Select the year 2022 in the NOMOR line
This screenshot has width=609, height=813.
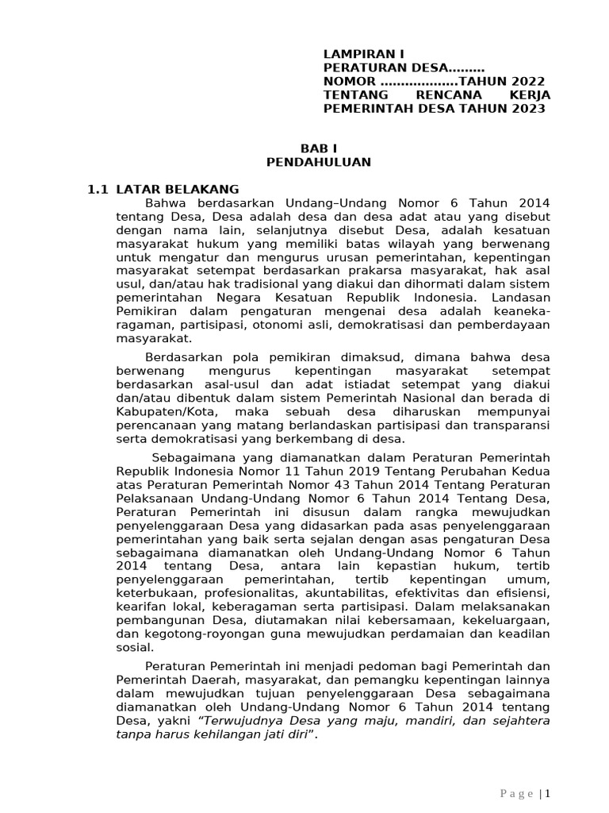pyautogui.click(x=528, y=82)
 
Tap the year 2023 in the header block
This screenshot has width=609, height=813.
pyautogui.click(x=528, y=109)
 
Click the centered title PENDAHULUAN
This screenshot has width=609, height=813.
pyautogui.click(x=317, y=162)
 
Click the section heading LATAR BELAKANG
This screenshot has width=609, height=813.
pyautogui.click(x=177, y=189)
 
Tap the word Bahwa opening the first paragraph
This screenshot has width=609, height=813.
pyautogui.click(x=164, y=203)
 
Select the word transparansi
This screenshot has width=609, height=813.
pyautogui.click(x=511, y=426)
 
